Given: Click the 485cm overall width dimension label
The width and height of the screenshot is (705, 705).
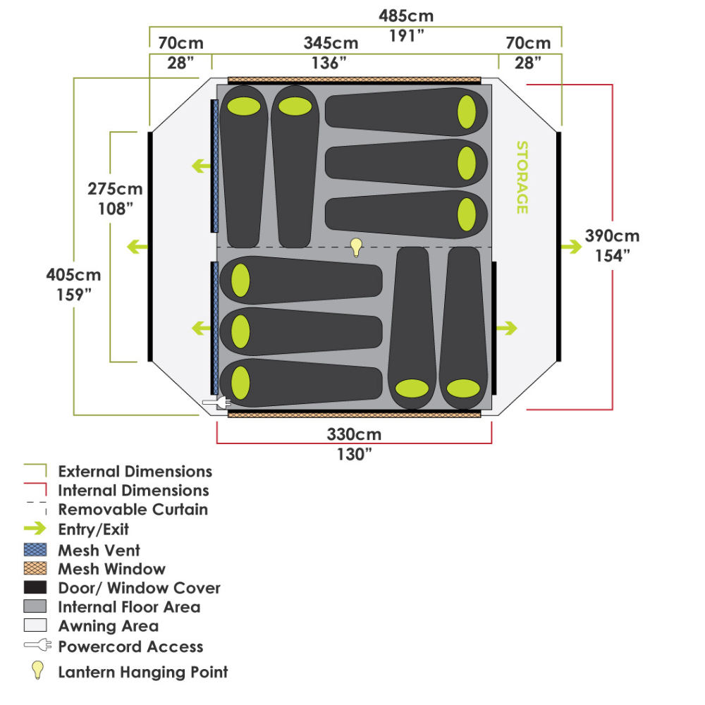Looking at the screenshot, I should click(405, 15).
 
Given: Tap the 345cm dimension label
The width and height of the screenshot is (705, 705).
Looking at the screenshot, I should click(331, 43).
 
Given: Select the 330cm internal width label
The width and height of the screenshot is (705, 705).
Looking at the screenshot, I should click(353, 435).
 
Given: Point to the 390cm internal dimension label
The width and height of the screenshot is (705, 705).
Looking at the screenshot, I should click(612, 235).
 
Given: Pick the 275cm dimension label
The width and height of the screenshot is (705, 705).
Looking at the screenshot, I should click(115, 189).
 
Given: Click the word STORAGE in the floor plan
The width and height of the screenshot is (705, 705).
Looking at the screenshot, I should click(522, 178).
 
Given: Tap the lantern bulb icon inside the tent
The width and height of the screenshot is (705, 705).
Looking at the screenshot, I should click(357, 247).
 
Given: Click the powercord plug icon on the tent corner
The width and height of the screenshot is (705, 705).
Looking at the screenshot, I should click(217, 403).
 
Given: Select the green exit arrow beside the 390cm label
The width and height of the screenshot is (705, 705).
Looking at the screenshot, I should click(568, 246).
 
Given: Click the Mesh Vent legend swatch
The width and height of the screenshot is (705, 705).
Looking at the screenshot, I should click(35, 551).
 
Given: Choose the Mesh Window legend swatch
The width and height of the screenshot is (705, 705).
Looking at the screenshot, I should click(35, 569).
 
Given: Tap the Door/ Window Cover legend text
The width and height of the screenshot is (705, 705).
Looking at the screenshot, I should click(139, 588).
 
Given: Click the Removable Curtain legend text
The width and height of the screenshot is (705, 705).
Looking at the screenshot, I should click(133, 509).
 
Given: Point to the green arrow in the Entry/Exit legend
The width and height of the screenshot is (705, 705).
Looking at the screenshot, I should click(35, 529).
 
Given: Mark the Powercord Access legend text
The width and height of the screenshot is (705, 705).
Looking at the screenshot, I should click(130, 646).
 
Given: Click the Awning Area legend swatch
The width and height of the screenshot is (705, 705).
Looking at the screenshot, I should click(35, 625).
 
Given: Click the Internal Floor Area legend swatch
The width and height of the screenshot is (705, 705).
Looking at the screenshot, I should click(35, 606).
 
